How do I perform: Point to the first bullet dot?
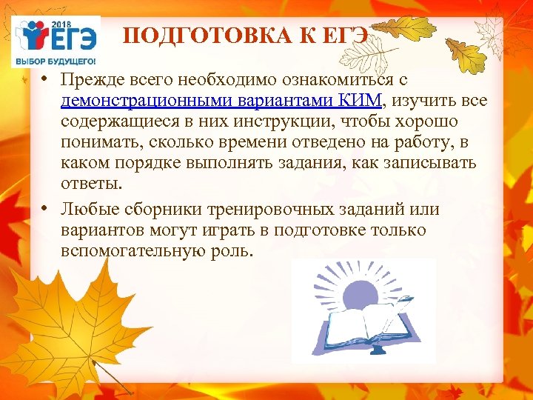(45, 79)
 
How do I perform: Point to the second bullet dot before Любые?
(45, 210)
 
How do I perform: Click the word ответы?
(91, 183)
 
